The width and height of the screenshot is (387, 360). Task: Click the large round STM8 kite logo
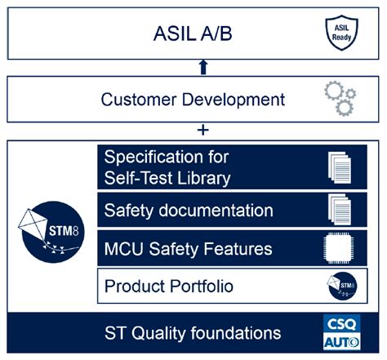[49, 222]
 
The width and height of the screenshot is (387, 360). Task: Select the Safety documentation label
[189, 211]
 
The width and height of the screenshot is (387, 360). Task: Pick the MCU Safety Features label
[188, 248]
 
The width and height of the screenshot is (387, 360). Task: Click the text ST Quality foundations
[193, 333]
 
